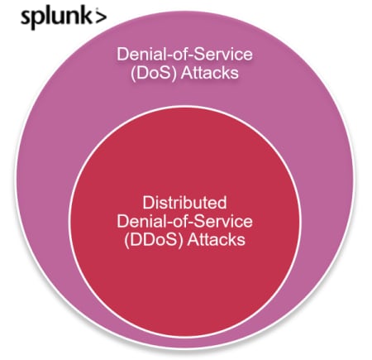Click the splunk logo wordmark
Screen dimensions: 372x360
tap(64, 18)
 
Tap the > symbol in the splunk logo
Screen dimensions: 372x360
tap(101, 17)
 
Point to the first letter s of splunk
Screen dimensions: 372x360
tap(26, 19)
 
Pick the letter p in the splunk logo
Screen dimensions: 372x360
tap(39, 22)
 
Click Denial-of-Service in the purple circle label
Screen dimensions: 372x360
tap(184, 54)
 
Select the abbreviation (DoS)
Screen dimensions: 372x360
tap(153, 73)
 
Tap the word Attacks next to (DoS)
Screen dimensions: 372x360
tap(209, 73)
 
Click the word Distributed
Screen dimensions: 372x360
tap(184, 203)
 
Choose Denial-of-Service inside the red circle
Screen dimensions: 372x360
tap(184, 221)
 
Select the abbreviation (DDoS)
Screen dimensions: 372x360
tap(153, 240)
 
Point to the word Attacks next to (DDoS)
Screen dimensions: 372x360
tap(216, 240)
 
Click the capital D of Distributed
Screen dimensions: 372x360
tap(148, 203)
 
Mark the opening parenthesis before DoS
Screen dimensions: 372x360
tap(132, 74)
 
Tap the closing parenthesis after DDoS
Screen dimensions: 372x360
tap(181, 241)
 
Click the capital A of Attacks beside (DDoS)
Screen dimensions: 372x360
tap(193, 240)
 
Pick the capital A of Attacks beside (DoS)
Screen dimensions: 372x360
tap(187, 73)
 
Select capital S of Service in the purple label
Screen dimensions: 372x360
tap(199, 55)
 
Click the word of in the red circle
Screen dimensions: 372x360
tap(181, 221)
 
